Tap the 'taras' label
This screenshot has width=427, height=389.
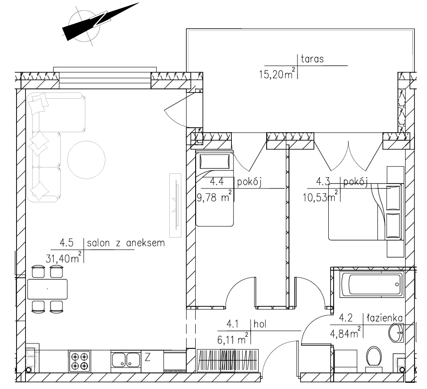click(312, 59)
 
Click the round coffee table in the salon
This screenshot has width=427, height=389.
click(86, 160)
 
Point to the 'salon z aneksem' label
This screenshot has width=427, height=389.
click(126, 243)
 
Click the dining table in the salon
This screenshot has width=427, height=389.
click(47, 289)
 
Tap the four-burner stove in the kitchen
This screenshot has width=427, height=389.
click(80, 361)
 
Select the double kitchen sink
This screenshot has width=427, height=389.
click(126, 360)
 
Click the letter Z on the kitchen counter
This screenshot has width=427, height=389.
click(147, 357)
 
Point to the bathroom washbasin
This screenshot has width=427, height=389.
click(396, 333)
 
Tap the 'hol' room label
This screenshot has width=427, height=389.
click(260, 324)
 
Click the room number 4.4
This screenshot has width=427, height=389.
click(217, 181)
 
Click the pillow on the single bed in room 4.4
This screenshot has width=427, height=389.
click(214, 162)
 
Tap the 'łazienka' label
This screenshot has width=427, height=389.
click(385, 318)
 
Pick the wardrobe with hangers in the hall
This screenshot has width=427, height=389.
click(228, 360)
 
